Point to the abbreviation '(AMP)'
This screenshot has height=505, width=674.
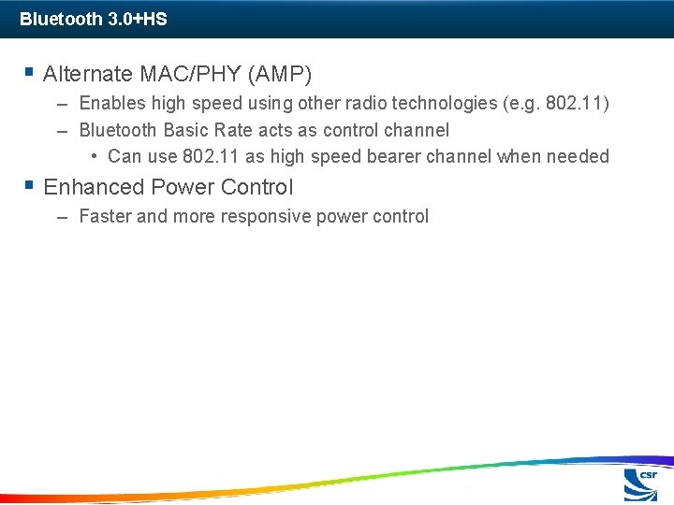point(279,73)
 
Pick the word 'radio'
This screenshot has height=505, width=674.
point(346,104)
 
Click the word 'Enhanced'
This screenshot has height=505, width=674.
point(88,187)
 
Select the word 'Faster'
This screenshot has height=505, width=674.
point(105,217)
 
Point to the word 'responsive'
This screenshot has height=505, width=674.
point(266,217)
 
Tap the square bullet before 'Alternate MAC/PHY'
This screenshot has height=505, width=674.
point(31,72)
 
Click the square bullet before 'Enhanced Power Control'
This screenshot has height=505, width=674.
point(31,186)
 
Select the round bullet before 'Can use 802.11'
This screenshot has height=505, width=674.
point(95,155)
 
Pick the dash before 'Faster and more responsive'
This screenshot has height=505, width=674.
point(62,217)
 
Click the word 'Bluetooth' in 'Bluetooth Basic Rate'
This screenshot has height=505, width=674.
point(119,130)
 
